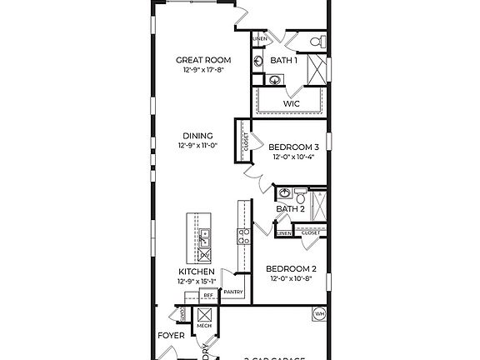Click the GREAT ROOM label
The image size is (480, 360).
(x=197, y=60)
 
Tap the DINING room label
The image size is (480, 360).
(x=197, y=136)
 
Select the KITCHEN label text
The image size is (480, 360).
(x=197, y=272)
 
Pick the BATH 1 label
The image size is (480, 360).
(x=284, y=61)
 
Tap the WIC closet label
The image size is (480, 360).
(x=291, y=103)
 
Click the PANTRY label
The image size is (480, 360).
(x=232, y=292)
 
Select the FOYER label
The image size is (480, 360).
(x=172, y=336)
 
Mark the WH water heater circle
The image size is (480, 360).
(x=318, y=314)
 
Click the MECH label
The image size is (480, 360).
(x=204, y=326)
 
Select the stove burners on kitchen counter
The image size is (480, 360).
(x=243, y=237)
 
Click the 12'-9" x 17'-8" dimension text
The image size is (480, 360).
(x=197, y=71)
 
